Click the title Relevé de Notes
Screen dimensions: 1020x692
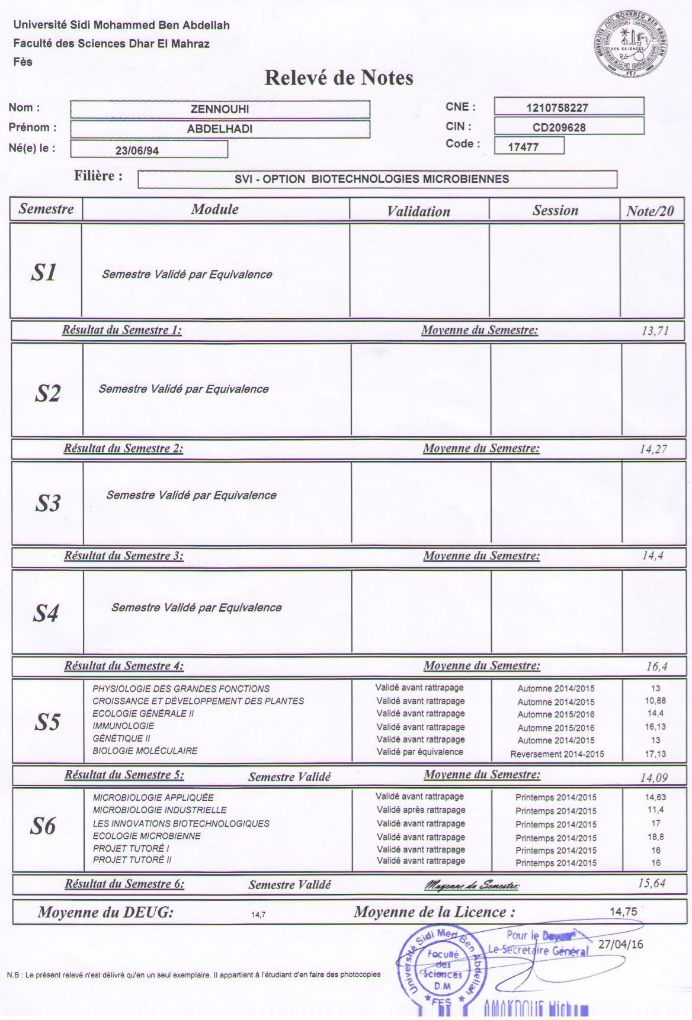[338, 78]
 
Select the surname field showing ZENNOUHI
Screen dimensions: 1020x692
[220, 110]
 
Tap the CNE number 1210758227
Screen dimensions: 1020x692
[557, 108]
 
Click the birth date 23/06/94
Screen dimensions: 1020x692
[137, 150]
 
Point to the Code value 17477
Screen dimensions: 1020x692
[524, 147]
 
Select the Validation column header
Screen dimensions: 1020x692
[418, 211]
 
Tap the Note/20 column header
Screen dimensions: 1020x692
[650, 211]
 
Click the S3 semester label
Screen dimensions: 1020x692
[47, 503]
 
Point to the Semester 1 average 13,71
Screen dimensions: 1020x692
[655, 331]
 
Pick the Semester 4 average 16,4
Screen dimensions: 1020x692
[656, 666]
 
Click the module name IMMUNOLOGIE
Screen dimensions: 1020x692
[123, 726]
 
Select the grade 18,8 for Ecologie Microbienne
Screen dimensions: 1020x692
[655, 837]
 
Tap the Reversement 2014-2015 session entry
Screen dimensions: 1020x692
[557, 754]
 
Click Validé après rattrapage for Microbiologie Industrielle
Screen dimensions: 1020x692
[421, 810]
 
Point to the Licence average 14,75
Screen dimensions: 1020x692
[623, 912]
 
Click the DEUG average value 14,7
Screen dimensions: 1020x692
[258, 915]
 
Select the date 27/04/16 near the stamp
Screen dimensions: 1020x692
[620, 945]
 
